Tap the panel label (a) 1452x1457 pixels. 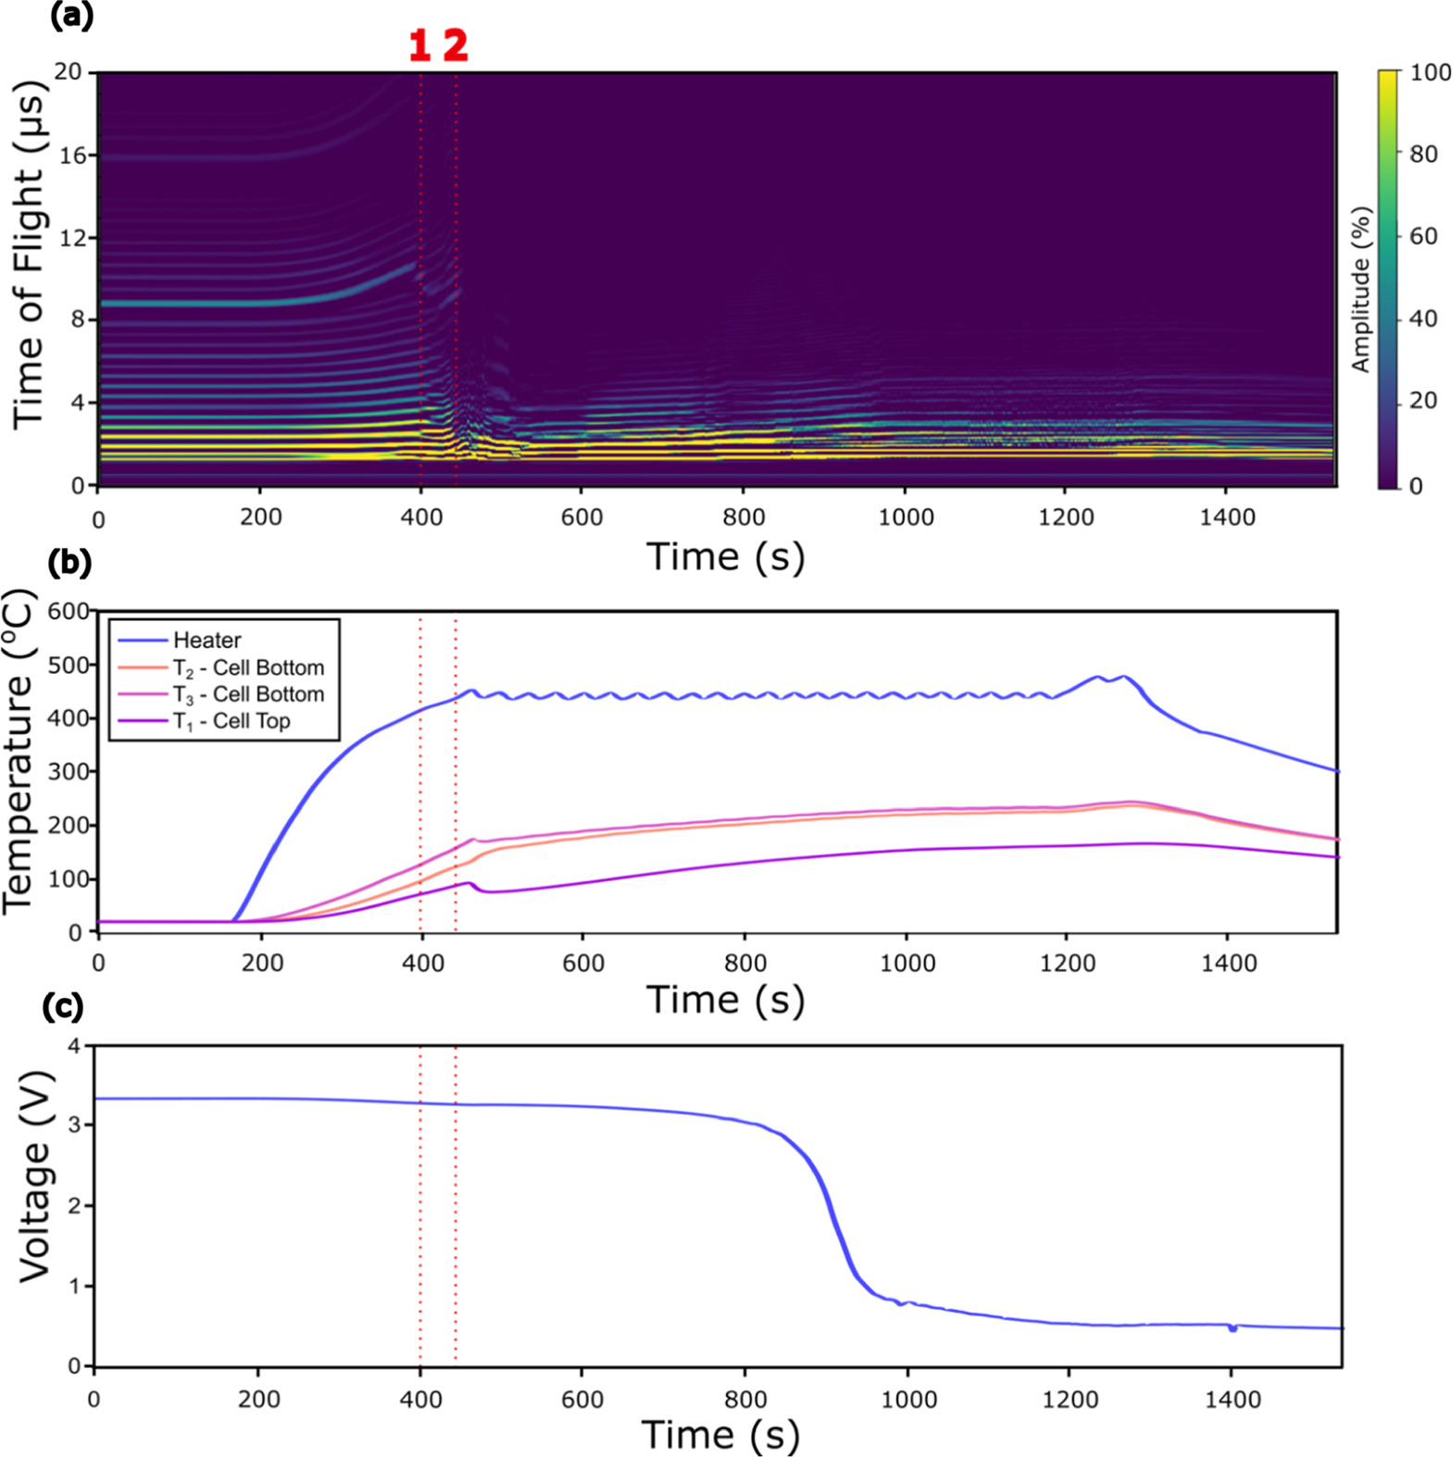coord(71,16)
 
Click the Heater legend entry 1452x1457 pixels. coord(207,641)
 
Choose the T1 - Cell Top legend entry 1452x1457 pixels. coord(232,721)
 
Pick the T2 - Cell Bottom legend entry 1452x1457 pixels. coord(248,667)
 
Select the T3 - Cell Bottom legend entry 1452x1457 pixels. coord(248,694)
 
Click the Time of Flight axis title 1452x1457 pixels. coord(28,254)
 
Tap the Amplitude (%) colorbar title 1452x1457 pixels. coord(1360,289)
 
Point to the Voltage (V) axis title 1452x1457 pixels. coord(34,1176)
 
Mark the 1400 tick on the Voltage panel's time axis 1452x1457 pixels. coord(1233,1399)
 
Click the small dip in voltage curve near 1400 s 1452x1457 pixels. coord(1233,1329)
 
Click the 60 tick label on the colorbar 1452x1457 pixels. coord(1423,236)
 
